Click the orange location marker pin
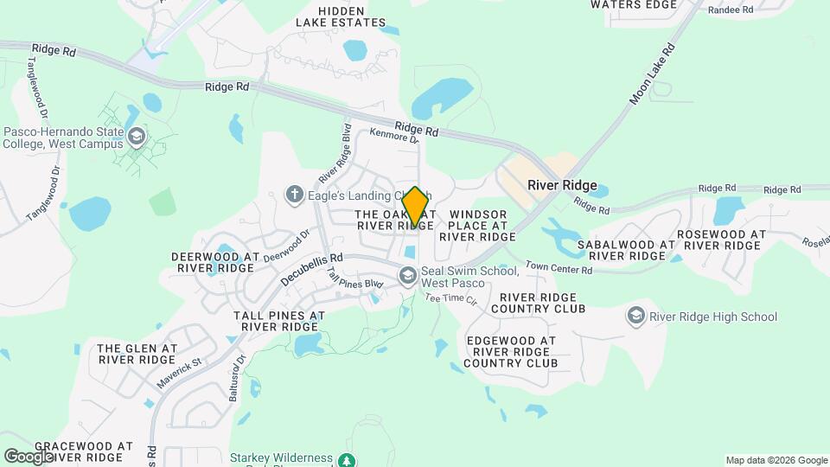(416, 208)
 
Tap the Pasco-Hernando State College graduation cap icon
(136, 136)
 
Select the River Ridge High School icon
(637, 317)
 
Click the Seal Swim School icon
(407, 277)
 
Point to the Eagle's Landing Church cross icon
(295, 195)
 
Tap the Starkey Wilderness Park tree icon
(347, 460)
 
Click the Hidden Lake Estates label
(341, 16)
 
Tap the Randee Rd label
(731, 10)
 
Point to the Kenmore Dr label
(394, 135)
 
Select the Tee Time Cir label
(450, 299)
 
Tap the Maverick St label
(179, 374)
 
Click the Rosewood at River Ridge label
(721, 240)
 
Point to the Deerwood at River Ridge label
(215, 262)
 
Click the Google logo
(28, 456)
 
